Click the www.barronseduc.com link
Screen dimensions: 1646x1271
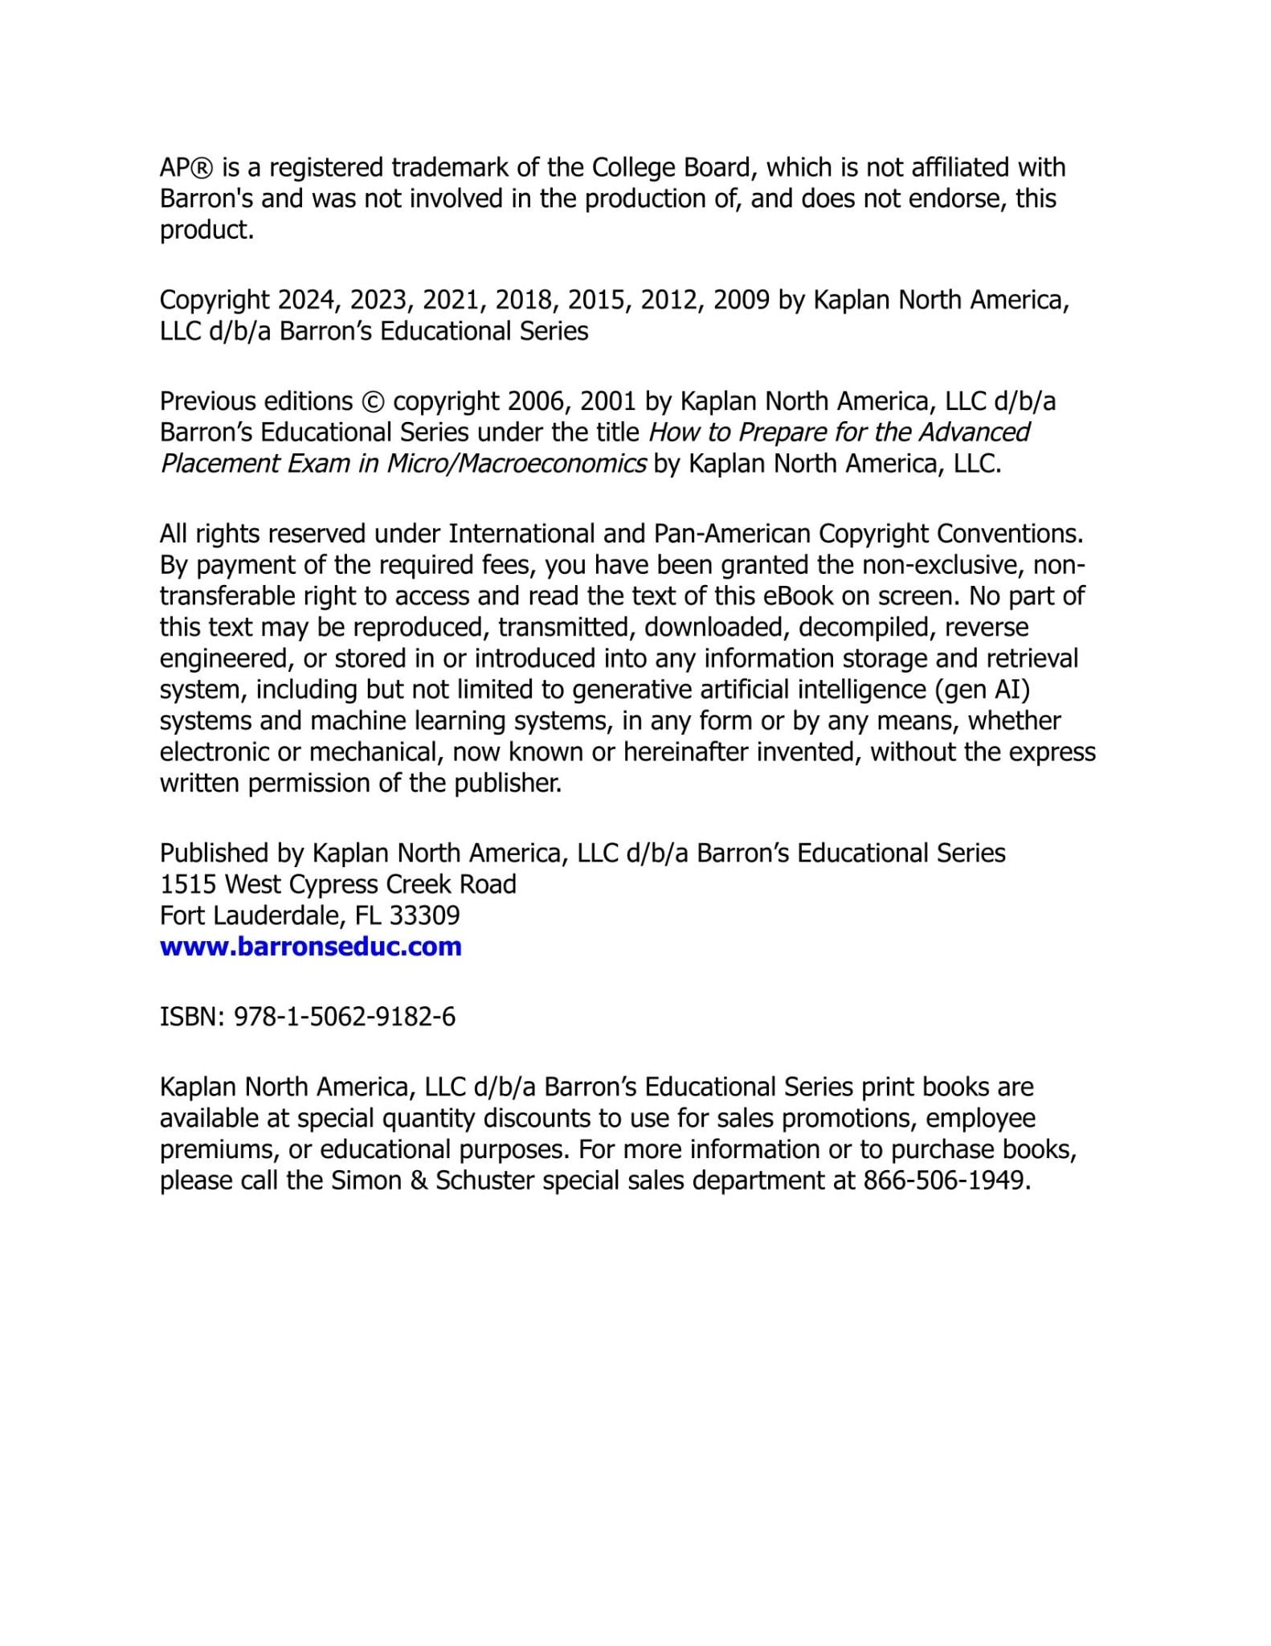click(x=310, y=947)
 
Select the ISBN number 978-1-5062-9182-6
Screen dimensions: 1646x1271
click(x=344, y=1017)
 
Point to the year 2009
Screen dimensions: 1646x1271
click(x=742, y=300)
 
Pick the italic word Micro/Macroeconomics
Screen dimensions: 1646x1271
click(x=517, y=464)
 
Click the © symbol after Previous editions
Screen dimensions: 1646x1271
click(x=373, y=401)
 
